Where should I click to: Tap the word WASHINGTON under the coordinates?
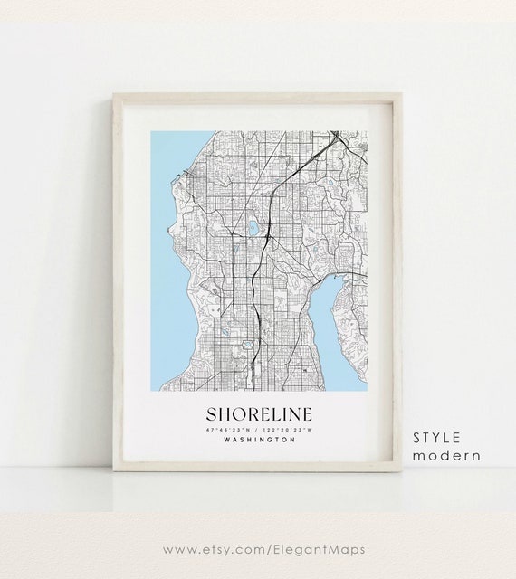258,440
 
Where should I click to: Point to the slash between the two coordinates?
258,428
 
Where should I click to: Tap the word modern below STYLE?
446,455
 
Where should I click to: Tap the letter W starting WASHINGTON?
223,440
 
